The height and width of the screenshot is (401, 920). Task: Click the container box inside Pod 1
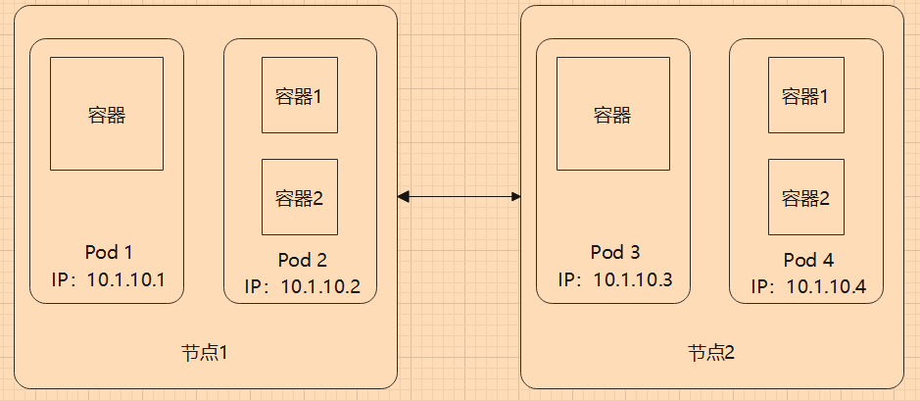[x=107, y=114]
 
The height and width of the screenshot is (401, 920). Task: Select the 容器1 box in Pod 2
[x=300, y=95]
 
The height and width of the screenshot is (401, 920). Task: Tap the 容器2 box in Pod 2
[x=300, y=196]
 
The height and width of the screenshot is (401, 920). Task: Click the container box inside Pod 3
[x=612, y=114]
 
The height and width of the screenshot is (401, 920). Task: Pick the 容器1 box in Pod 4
[x=805, y=95]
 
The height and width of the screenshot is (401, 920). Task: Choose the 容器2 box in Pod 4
[x=805, y=196]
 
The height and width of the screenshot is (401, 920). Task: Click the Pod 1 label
[x=107, y=253]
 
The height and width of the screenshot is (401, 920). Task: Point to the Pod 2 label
[x=302, y=260]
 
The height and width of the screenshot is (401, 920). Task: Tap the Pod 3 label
[x=614, y=253]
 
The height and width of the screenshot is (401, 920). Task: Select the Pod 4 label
[x=808, y=260]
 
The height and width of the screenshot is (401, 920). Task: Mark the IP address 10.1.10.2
[x=320, y=287]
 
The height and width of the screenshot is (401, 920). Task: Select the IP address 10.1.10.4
[x=827, y=287]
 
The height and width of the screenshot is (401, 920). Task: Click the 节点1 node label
[x=205, y=351]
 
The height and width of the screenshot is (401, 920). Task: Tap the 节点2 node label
[x=711, y=351]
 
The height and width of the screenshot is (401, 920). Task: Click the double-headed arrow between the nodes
[x=459, y=197]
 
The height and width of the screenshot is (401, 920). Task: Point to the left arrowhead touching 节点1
[x=404, y=197]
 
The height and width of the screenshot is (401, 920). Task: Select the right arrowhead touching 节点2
[x=514, y=197]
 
